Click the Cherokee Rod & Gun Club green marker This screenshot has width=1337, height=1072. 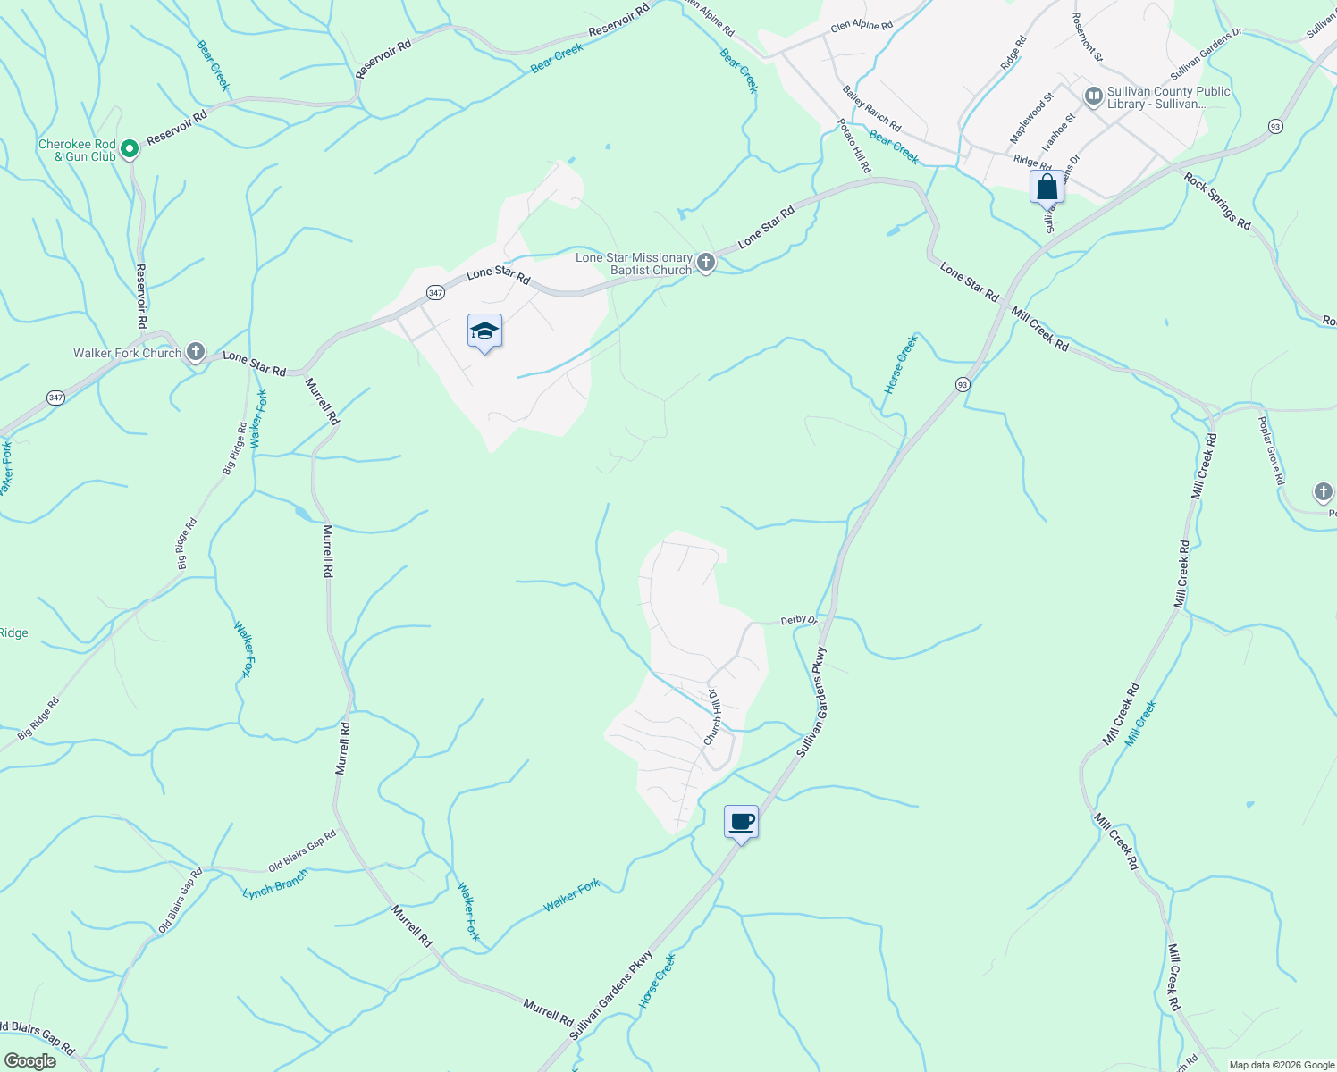129,148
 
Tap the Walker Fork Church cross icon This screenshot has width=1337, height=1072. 196,352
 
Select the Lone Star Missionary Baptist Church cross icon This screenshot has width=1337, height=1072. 706,263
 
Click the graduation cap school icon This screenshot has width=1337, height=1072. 484,332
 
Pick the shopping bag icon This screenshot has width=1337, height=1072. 1047,188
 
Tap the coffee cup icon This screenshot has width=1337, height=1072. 741,821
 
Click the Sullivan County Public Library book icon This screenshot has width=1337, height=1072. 1093,96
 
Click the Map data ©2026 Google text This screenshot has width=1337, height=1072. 1281,1065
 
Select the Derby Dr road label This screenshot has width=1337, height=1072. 798,620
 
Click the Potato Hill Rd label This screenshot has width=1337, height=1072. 853,146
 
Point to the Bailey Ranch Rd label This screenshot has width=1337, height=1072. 871,108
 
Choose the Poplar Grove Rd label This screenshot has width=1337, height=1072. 1272,451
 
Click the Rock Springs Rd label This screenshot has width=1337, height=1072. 1217,201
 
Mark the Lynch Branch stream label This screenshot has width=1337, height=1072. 274,884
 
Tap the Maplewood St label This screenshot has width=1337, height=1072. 1031,118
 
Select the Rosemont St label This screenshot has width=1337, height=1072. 1088,37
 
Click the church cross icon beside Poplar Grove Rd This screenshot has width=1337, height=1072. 1323,492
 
